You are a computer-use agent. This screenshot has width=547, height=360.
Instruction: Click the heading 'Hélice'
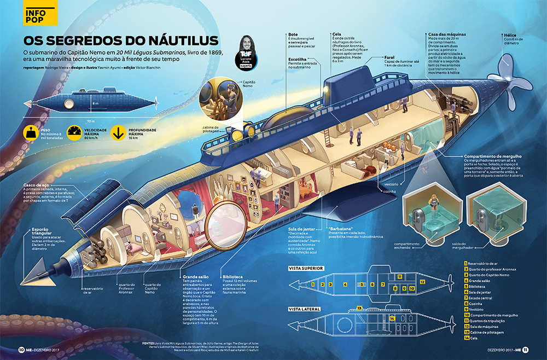pos(511,34)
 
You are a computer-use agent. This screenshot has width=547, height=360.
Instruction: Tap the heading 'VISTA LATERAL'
pos(304,309)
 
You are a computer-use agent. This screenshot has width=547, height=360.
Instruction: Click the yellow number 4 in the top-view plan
pos(345,284)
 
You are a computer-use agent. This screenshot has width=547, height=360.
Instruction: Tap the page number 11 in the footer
pos(525,350)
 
